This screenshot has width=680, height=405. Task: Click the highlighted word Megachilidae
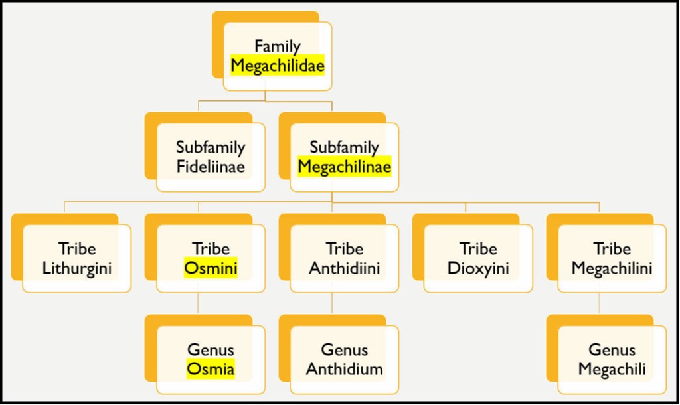pos(278,65)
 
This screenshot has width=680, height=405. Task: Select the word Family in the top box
pos(278,46)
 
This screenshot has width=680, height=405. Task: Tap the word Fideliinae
pos(211,166)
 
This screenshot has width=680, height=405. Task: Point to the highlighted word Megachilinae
pos(344,166)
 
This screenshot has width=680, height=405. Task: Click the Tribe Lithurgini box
pos(76,258)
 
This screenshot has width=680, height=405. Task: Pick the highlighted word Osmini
pos(211,268)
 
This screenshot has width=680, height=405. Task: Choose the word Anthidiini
pos(345,268)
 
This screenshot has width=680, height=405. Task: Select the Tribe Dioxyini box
pos(478,258)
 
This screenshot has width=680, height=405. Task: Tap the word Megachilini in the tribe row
pos(612,268)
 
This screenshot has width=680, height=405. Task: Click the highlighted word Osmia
pos(211,369)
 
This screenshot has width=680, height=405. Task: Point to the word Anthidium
pos(345,369)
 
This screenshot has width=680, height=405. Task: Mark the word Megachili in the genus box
pos(612,369)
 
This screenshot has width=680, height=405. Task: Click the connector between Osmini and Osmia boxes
pos(199,304)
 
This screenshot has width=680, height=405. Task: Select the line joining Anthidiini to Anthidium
pos(332,304)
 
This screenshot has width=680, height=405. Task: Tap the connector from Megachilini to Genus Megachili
pos(600,304)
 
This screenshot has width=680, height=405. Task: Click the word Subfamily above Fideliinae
pos(211,147)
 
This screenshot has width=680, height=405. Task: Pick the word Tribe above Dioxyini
pos(478,249)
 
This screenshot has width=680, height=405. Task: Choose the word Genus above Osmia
pos(211,350)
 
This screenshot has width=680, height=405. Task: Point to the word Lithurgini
pos(77,268)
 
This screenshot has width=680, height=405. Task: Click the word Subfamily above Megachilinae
pos(344,147)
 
